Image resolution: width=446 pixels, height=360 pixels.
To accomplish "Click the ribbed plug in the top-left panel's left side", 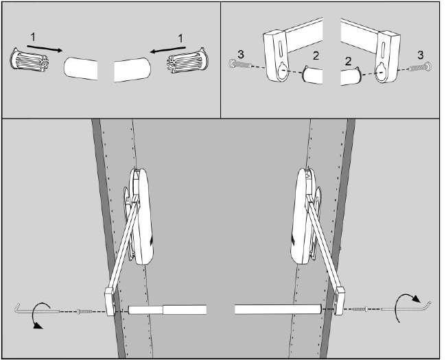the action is click(x=30, y=60).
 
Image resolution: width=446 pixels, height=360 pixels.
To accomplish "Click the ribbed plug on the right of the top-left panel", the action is click(x=188, y=60).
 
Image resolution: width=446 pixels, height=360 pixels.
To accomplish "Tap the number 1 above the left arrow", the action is click(x=33, y=37).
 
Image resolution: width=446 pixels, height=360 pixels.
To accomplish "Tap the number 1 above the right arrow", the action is click(x=180, y=38).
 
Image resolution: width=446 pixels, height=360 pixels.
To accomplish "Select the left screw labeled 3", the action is click(x=239, y=64).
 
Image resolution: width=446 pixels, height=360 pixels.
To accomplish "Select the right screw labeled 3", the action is click(x=421, y=67).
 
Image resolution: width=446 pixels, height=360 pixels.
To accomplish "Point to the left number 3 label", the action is click(x=241, y=54).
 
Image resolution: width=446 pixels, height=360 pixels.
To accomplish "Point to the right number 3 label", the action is click(x=421, y=55).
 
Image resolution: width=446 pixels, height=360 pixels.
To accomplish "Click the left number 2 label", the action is click(x=316, y=56).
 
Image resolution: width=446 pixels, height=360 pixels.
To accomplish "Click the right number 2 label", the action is click(x=348, y=61).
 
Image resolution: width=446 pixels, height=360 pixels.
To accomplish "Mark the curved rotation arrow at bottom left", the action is click(x=36, y=316).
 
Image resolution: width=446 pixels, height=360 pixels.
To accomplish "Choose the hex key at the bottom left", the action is click(x=37, y=311).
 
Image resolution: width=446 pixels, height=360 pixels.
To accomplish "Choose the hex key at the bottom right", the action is click(x=407, y=307).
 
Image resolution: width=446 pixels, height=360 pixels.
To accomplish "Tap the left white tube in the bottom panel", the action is click(x=167, y=310).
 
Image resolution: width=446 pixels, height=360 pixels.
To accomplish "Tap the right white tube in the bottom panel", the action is click(x=278, y=309).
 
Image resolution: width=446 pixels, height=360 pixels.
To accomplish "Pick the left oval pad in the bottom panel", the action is click(x=141, y=216).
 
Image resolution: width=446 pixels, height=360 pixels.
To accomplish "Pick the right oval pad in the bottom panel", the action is click(x=302, y=215).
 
